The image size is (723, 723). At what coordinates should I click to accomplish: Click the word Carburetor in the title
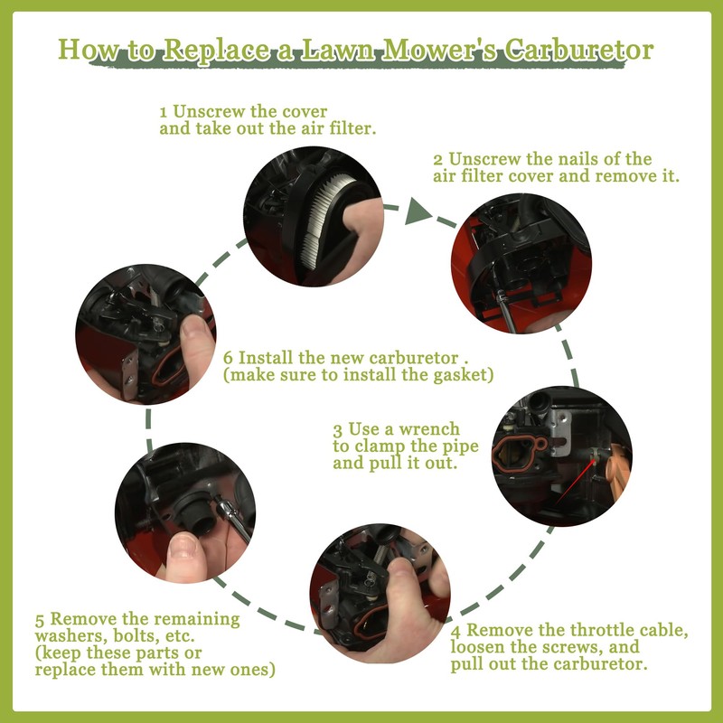coord(578,50)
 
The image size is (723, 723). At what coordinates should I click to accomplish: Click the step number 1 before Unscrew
coord(164,112)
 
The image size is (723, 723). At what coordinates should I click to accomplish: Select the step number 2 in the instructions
coord(437,160)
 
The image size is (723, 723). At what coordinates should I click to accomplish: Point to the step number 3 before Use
coord(337,430)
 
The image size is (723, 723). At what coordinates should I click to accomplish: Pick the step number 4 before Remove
coord(455,631)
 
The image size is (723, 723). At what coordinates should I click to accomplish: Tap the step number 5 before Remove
coord(40,620)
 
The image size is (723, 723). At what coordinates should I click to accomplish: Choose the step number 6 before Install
coord(229,358)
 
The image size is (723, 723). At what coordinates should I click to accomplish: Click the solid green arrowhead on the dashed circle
coord(417,211)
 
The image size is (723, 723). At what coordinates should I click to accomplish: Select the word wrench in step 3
coord(429,429)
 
